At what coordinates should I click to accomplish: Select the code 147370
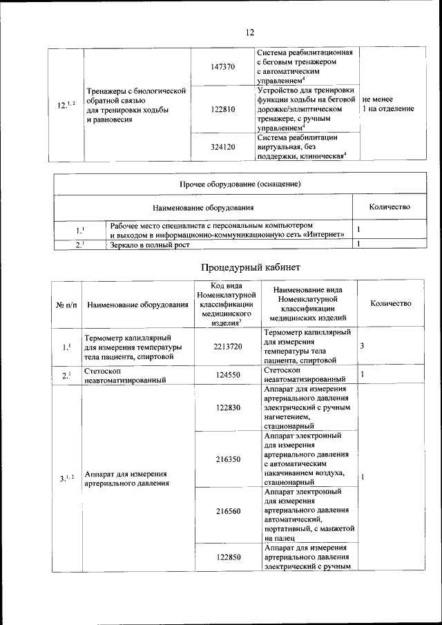pos(222,67)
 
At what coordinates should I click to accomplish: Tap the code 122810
pos(222,109)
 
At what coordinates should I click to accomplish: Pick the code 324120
pos(222,147)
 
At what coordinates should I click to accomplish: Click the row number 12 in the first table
pos(66,105)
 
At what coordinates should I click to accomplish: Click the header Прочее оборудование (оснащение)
pos(240,184)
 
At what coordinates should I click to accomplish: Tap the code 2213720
pos(227,346)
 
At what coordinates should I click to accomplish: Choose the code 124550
pos(227,375)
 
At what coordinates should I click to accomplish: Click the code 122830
pos(227,408)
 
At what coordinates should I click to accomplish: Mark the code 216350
pos(227,459)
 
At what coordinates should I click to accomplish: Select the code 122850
pos(227,557)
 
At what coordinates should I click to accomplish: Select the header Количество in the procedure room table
pos(391,304)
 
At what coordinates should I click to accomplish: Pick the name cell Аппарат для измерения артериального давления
pos(126,479)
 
